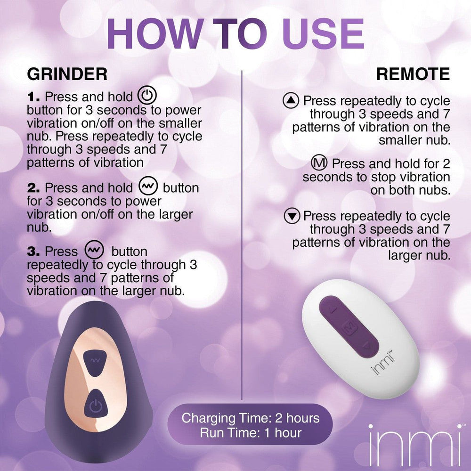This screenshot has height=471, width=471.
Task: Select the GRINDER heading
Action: click(67, 74)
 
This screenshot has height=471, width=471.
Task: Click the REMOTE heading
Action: click(413, 74)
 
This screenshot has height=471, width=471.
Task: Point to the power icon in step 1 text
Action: click(146, 97)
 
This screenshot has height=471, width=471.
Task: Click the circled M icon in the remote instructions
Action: click(320, 164)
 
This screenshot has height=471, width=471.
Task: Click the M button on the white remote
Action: click(349, 327)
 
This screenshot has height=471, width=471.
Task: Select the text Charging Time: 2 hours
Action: click(250, 418)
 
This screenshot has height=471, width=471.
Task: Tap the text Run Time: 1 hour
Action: click(250, 432)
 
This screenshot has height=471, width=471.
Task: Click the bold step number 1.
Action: click(34, 97)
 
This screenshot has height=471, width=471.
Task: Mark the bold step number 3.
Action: click(34, 251)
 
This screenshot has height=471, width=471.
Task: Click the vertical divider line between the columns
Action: click(241, 235)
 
